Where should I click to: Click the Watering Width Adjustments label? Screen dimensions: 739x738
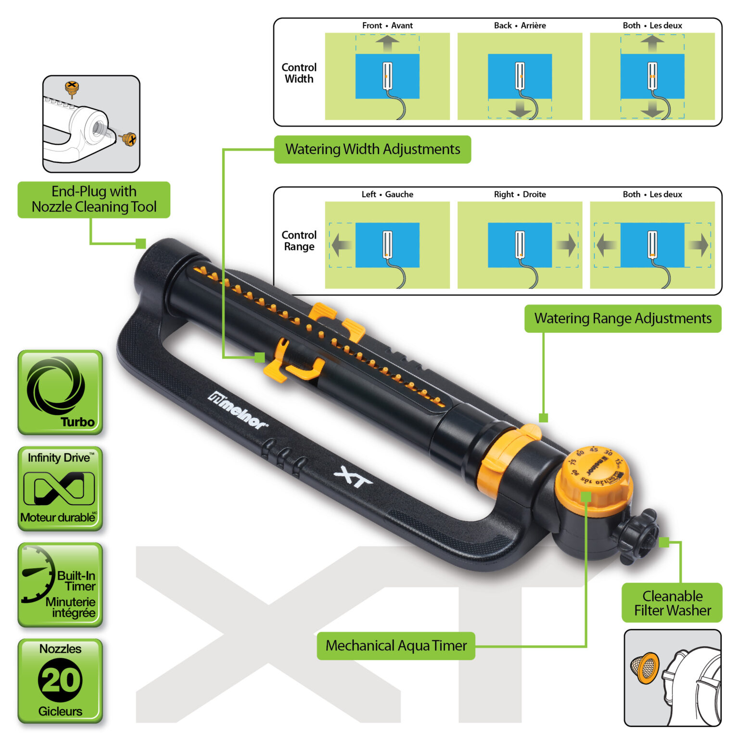[x=372, y=149]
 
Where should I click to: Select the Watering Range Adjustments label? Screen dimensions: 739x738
[x=623, y=319]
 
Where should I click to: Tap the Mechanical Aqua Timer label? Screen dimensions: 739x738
[x=396, y=646]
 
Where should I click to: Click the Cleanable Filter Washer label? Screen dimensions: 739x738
[x=672, y=603]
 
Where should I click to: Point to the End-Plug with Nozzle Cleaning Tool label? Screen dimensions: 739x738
[x=94, y=199]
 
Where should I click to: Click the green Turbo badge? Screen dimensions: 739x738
[x=60, y=392]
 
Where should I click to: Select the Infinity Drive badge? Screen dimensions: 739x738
[x=60, y=488]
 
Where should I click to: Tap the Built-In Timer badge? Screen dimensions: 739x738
[x=60, y=585]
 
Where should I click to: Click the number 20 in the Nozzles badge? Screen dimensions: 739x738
[x=60, y=680]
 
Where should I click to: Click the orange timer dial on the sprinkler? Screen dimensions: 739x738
[x=594, y=479]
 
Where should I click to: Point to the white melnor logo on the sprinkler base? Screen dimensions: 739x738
[x=238, y=410]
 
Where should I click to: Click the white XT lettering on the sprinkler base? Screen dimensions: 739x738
[x=353, y=476]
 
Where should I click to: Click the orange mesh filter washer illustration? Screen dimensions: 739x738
[x=645, y=668]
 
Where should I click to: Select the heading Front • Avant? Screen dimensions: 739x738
[x=387, y=25]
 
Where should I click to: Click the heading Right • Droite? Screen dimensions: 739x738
[x=520, y=194]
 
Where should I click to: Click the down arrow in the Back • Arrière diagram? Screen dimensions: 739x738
[x=520, y=109]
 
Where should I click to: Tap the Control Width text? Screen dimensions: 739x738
[x=299, y=73]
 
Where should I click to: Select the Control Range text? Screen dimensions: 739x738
[x=299, y=241]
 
